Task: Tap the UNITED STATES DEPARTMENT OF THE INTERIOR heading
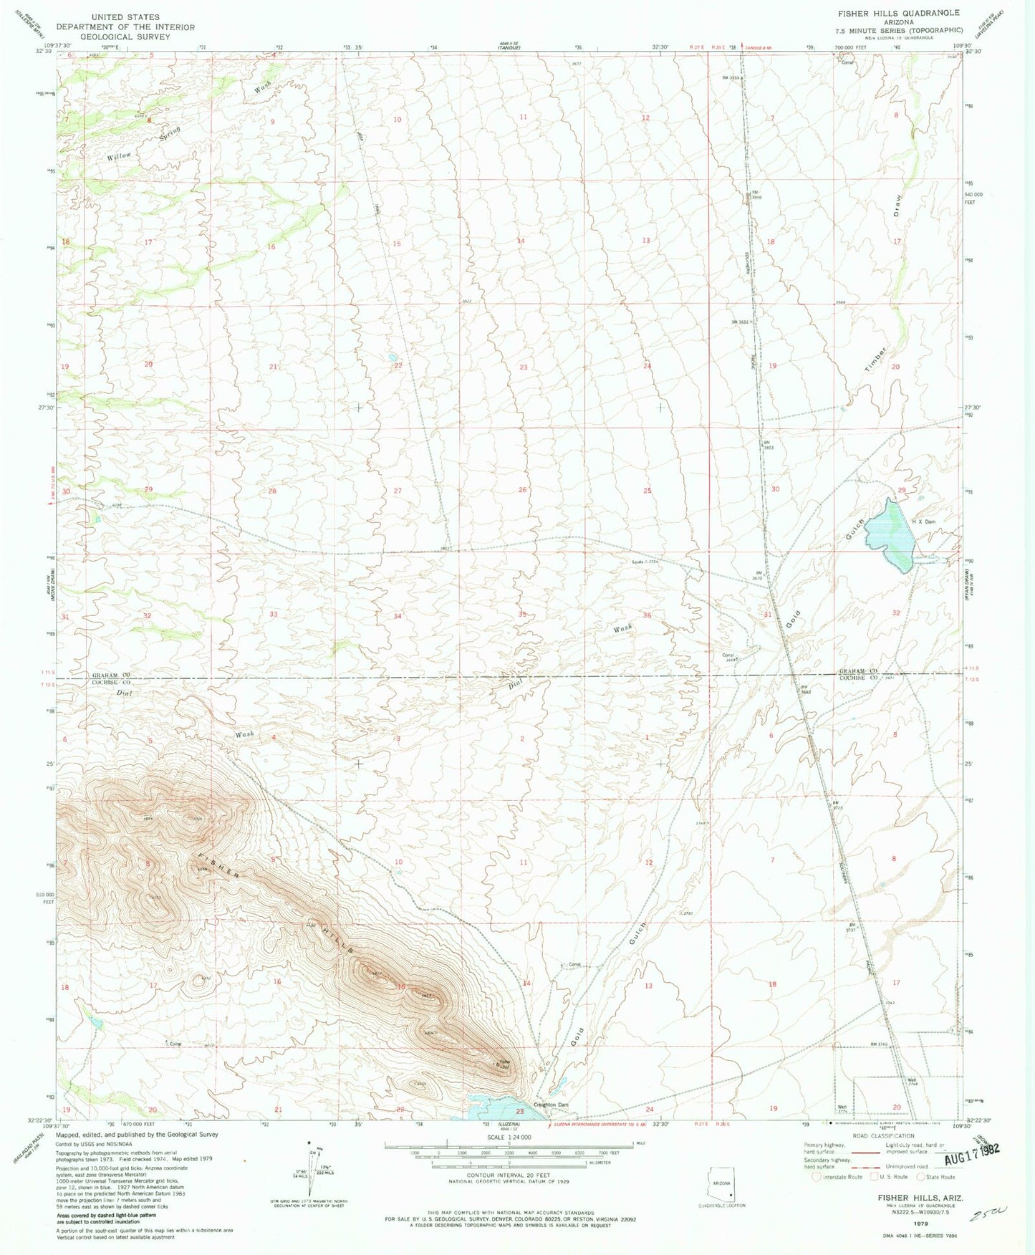pos(125,27)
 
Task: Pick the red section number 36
pos(648,615)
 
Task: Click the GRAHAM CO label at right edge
pos(855,671)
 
